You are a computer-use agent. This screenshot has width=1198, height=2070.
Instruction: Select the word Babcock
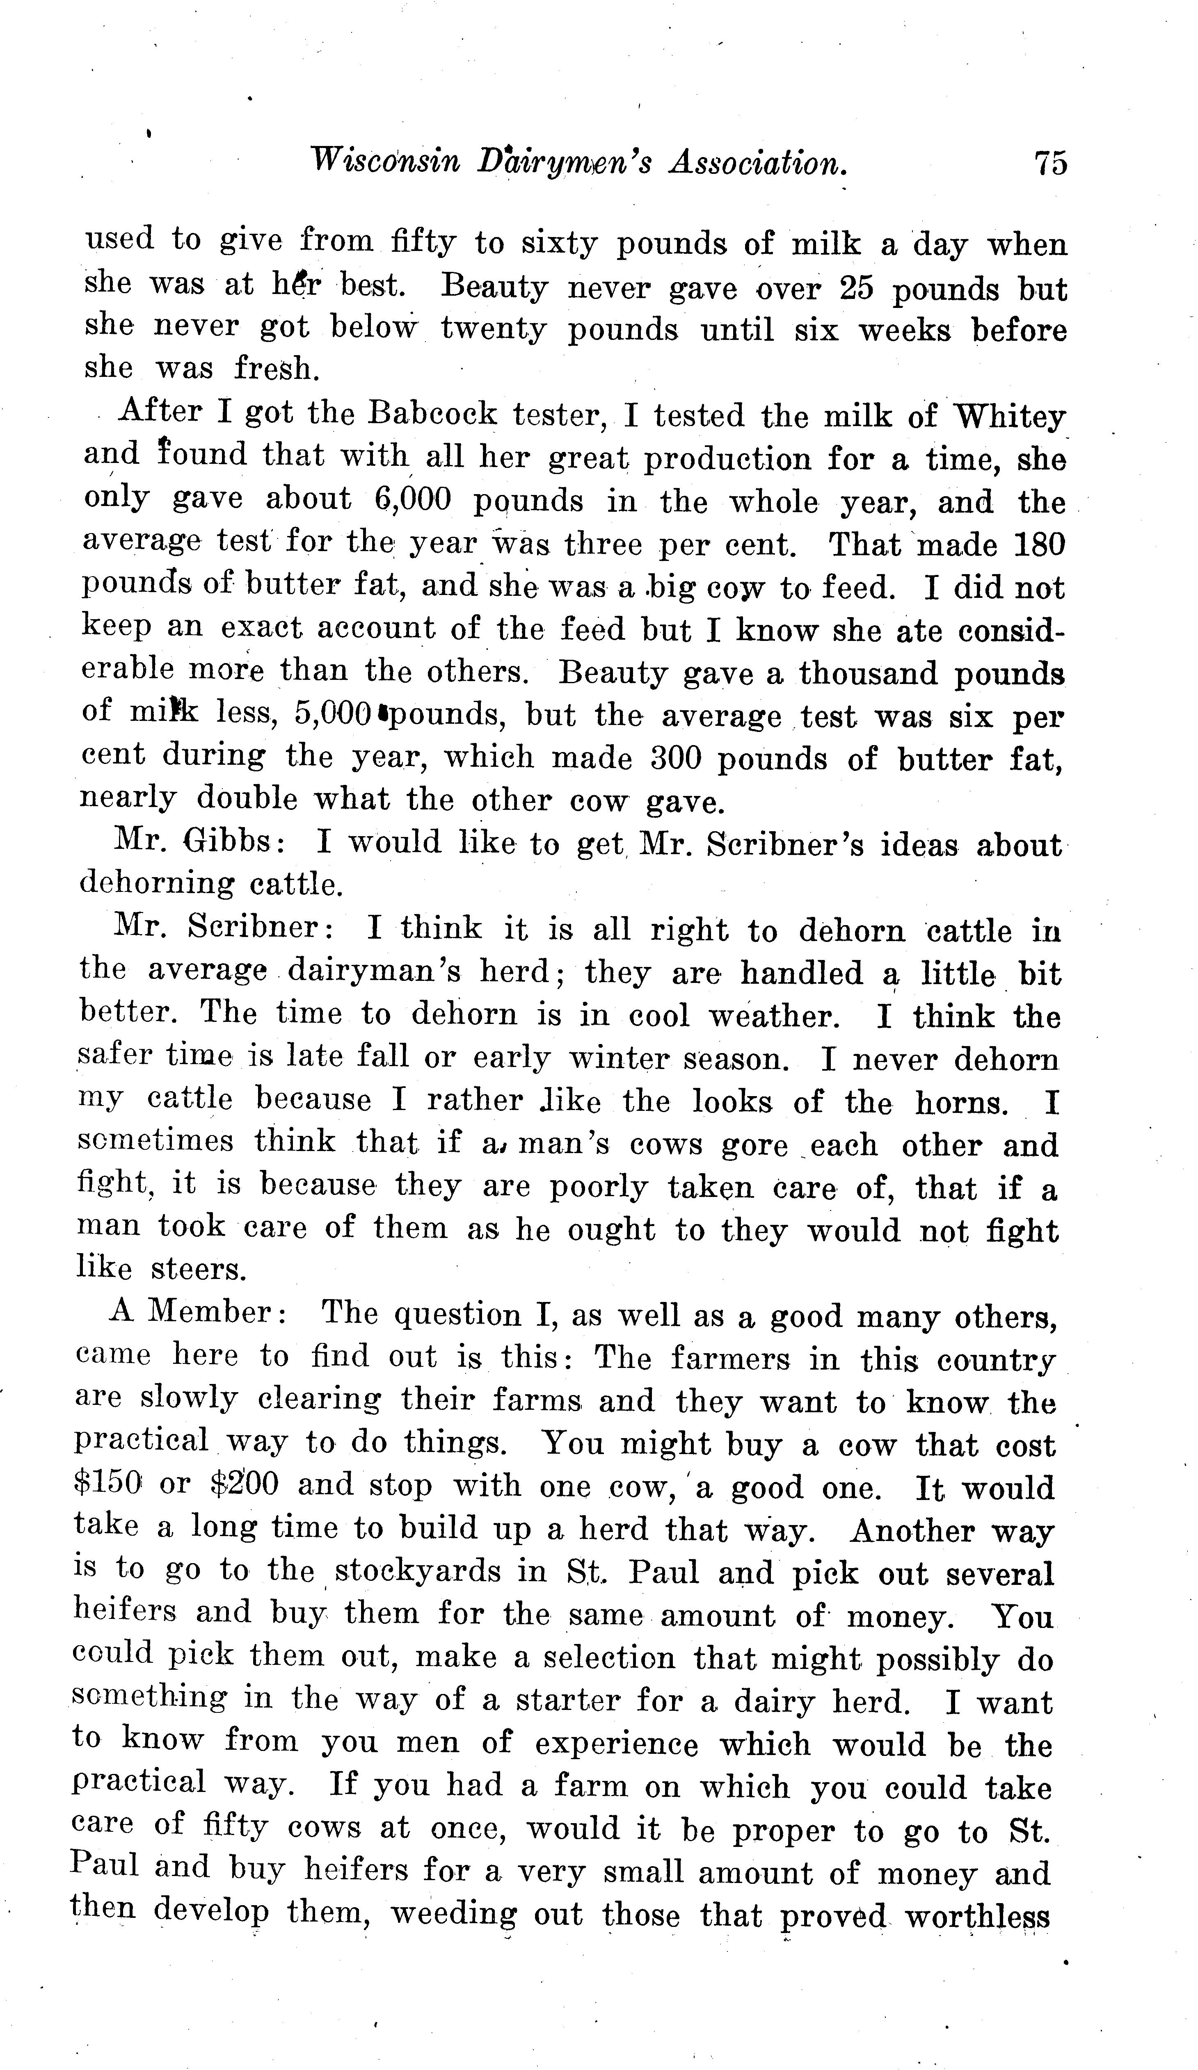432,414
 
